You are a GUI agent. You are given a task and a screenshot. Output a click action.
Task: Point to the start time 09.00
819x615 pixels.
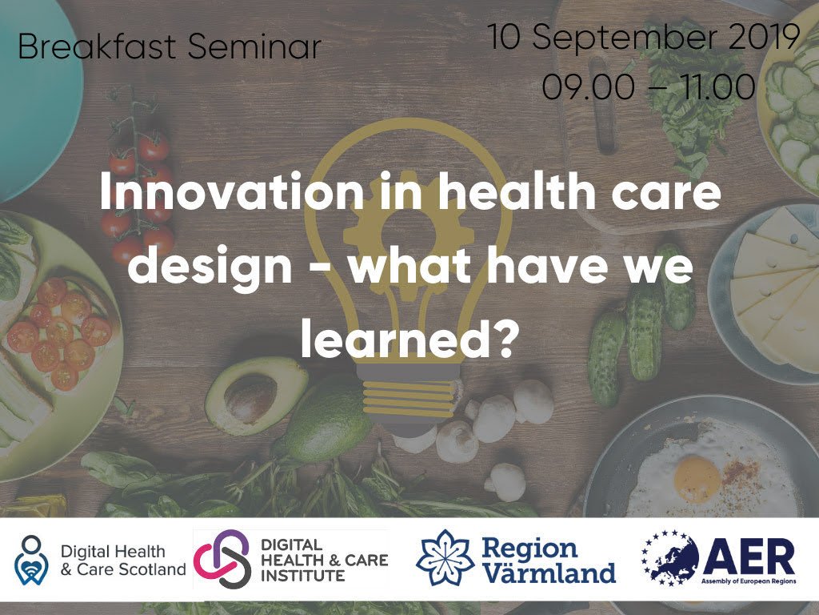(583, 86)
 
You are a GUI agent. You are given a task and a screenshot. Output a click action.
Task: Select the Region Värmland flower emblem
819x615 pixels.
(445, 559)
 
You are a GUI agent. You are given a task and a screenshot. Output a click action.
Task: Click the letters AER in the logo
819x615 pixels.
(749, 554)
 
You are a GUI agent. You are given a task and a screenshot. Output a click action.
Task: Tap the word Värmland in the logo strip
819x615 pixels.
(549, 573)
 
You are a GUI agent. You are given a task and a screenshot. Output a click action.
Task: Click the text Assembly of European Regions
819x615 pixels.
(749, 581)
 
